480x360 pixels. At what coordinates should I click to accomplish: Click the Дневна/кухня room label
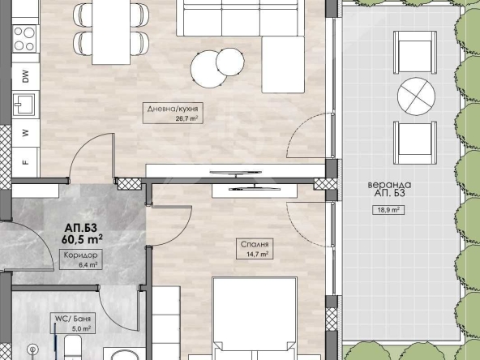pos(173,109)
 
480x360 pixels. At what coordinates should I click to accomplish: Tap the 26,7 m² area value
pos(186,118)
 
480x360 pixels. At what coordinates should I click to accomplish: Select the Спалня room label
pos(255,244)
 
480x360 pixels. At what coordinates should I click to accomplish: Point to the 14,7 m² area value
pos(257,254)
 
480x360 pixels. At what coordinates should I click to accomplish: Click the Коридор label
pos(80,255)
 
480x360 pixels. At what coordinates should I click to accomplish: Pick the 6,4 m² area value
pos(88,265)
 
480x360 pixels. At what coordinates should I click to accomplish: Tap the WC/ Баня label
pos(72,319)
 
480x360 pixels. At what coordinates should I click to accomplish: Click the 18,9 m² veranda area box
pos(388,210)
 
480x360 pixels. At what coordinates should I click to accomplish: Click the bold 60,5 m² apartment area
pos(82,239)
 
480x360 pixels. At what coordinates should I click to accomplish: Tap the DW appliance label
pos(26,76)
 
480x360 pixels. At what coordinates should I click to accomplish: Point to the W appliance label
pos(26,133)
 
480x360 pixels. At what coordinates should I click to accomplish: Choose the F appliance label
pos(26,162)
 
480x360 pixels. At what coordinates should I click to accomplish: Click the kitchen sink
pos(24,105)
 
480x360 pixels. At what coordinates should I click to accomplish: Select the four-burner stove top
pos(24,39)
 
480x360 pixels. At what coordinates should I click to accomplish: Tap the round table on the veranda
pos(416,96)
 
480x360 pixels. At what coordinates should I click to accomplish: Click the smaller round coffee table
pos(230,62)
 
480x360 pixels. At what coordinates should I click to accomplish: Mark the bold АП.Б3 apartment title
pos(81,228)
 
